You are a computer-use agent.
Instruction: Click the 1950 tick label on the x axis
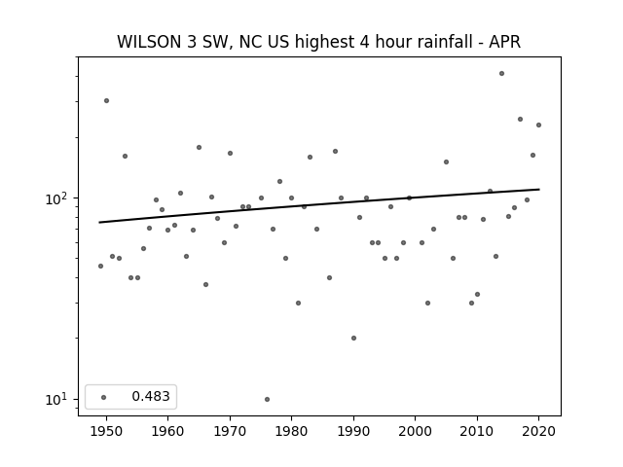106,431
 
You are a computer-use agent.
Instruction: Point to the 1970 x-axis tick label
230,431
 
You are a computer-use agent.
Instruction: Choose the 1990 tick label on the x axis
353,431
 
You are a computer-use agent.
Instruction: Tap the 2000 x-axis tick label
416,431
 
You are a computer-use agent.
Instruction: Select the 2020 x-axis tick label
538,431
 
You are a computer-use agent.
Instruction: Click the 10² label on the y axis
57,198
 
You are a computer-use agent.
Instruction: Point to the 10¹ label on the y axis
57,399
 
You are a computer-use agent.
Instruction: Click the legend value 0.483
151,396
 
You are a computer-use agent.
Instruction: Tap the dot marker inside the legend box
103,397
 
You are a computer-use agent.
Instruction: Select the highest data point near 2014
502,74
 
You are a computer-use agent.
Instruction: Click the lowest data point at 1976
267,399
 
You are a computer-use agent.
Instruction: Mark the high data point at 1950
106,100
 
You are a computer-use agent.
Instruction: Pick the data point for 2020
538,125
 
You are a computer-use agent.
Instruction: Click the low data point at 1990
353,338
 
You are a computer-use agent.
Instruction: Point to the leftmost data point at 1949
100,266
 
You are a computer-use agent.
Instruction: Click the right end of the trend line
539,189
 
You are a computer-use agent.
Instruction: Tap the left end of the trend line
99,223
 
